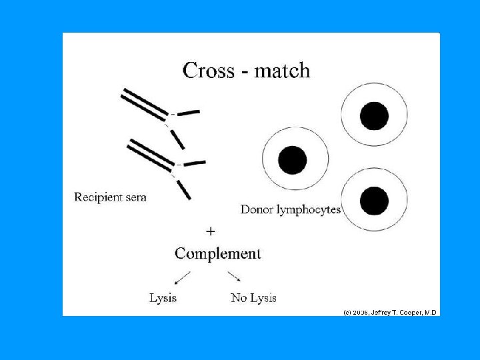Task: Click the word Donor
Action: [256, 209]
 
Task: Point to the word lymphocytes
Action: [308, 210]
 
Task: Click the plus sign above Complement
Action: [211, 231]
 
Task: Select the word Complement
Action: [217, 253]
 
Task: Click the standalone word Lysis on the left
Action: [163, 298]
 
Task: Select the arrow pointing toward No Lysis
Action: [234, 277]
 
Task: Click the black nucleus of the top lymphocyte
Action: [374, 116]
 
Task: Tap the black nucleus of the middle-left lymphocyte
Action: [293, 161]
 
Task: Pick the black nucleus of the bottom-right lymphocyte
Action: [374, 200]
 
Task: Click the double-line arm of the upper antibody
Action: [143, 103]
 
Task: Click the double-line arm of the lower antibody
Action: [151, 155]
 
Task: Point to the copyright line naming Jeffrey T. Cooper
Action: [390, 312]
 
